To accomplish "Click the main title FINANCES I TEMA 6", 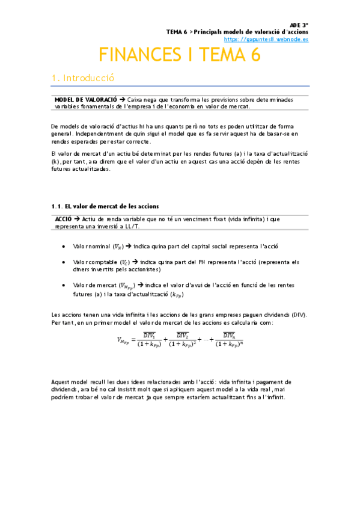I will click(x=180, y=55).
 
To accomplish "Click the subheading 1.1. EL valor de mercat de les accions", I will click(x=106, y=206).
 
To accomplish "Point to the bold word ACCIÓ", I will click(x=63, y=219).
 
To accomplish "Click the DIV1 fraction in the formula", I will click(x=147, y=339).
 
